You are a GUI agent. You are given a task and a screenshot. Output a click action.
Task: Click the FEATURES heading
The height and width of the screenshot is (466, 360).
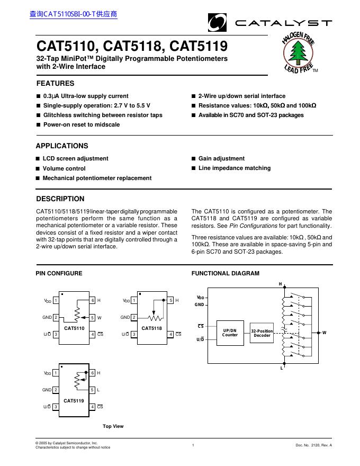coord(55,83)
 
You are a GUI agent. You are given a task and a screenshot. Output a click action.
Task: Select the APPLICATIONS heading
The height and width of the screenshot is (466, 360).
coord(62,146)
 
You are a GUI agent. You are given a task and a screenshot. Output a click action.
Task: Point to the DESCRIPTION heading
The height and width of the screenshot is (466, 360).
coord(60,199)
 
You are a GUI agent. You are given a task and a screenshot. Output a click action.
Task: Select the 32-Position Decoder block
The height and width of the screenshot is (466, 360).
coord(262,333)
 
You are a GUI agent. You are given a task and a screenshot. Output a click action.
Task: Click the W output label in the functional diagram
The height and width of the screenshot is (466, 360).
coord(324,333)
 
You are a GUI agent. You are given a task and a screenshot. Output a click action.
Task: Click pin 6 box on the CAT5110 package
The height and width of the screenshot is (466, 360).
coord(93,300)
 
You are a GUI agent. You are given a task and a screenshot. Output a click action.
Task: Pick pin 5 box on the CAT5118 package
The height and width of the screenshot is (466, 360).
coord(171,300)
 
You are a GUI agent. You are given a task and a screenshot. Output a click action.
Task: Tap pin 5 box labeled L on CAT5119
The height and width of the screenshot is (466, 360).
coord(93,390)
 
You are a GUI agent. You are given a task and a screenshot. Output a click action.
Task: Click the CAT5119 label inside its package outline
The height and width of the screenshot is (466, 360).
coord(74,401)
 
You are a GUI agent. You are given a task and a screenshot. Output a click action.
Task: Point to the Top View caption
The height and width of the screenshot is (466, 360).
coord(113,426)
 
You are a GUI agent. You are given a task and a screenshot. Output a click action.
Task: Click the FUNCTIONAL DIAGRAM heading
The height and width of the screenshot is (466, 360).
coord(225,273)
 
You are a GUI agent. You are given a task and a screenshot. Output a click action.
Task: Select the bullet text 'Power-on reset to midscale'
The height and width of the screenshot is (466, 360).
coord(82,124)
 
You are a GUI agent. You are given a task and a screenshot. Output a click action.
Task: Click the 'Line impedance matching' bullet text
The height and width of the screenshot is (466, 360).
coord(235,168)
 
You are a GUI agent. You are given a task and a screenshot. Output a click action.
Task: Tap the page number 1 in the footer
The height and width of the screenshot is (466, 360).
coord(193,445)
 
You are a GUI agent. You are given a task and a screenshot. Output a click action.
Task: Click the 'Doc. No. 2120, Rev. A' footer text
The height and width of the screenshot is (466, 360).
coord(313,445)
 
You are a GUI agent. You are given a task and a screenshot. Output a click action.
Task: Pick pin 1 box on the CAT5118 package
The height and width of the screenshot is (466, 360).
coord(134,300)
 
